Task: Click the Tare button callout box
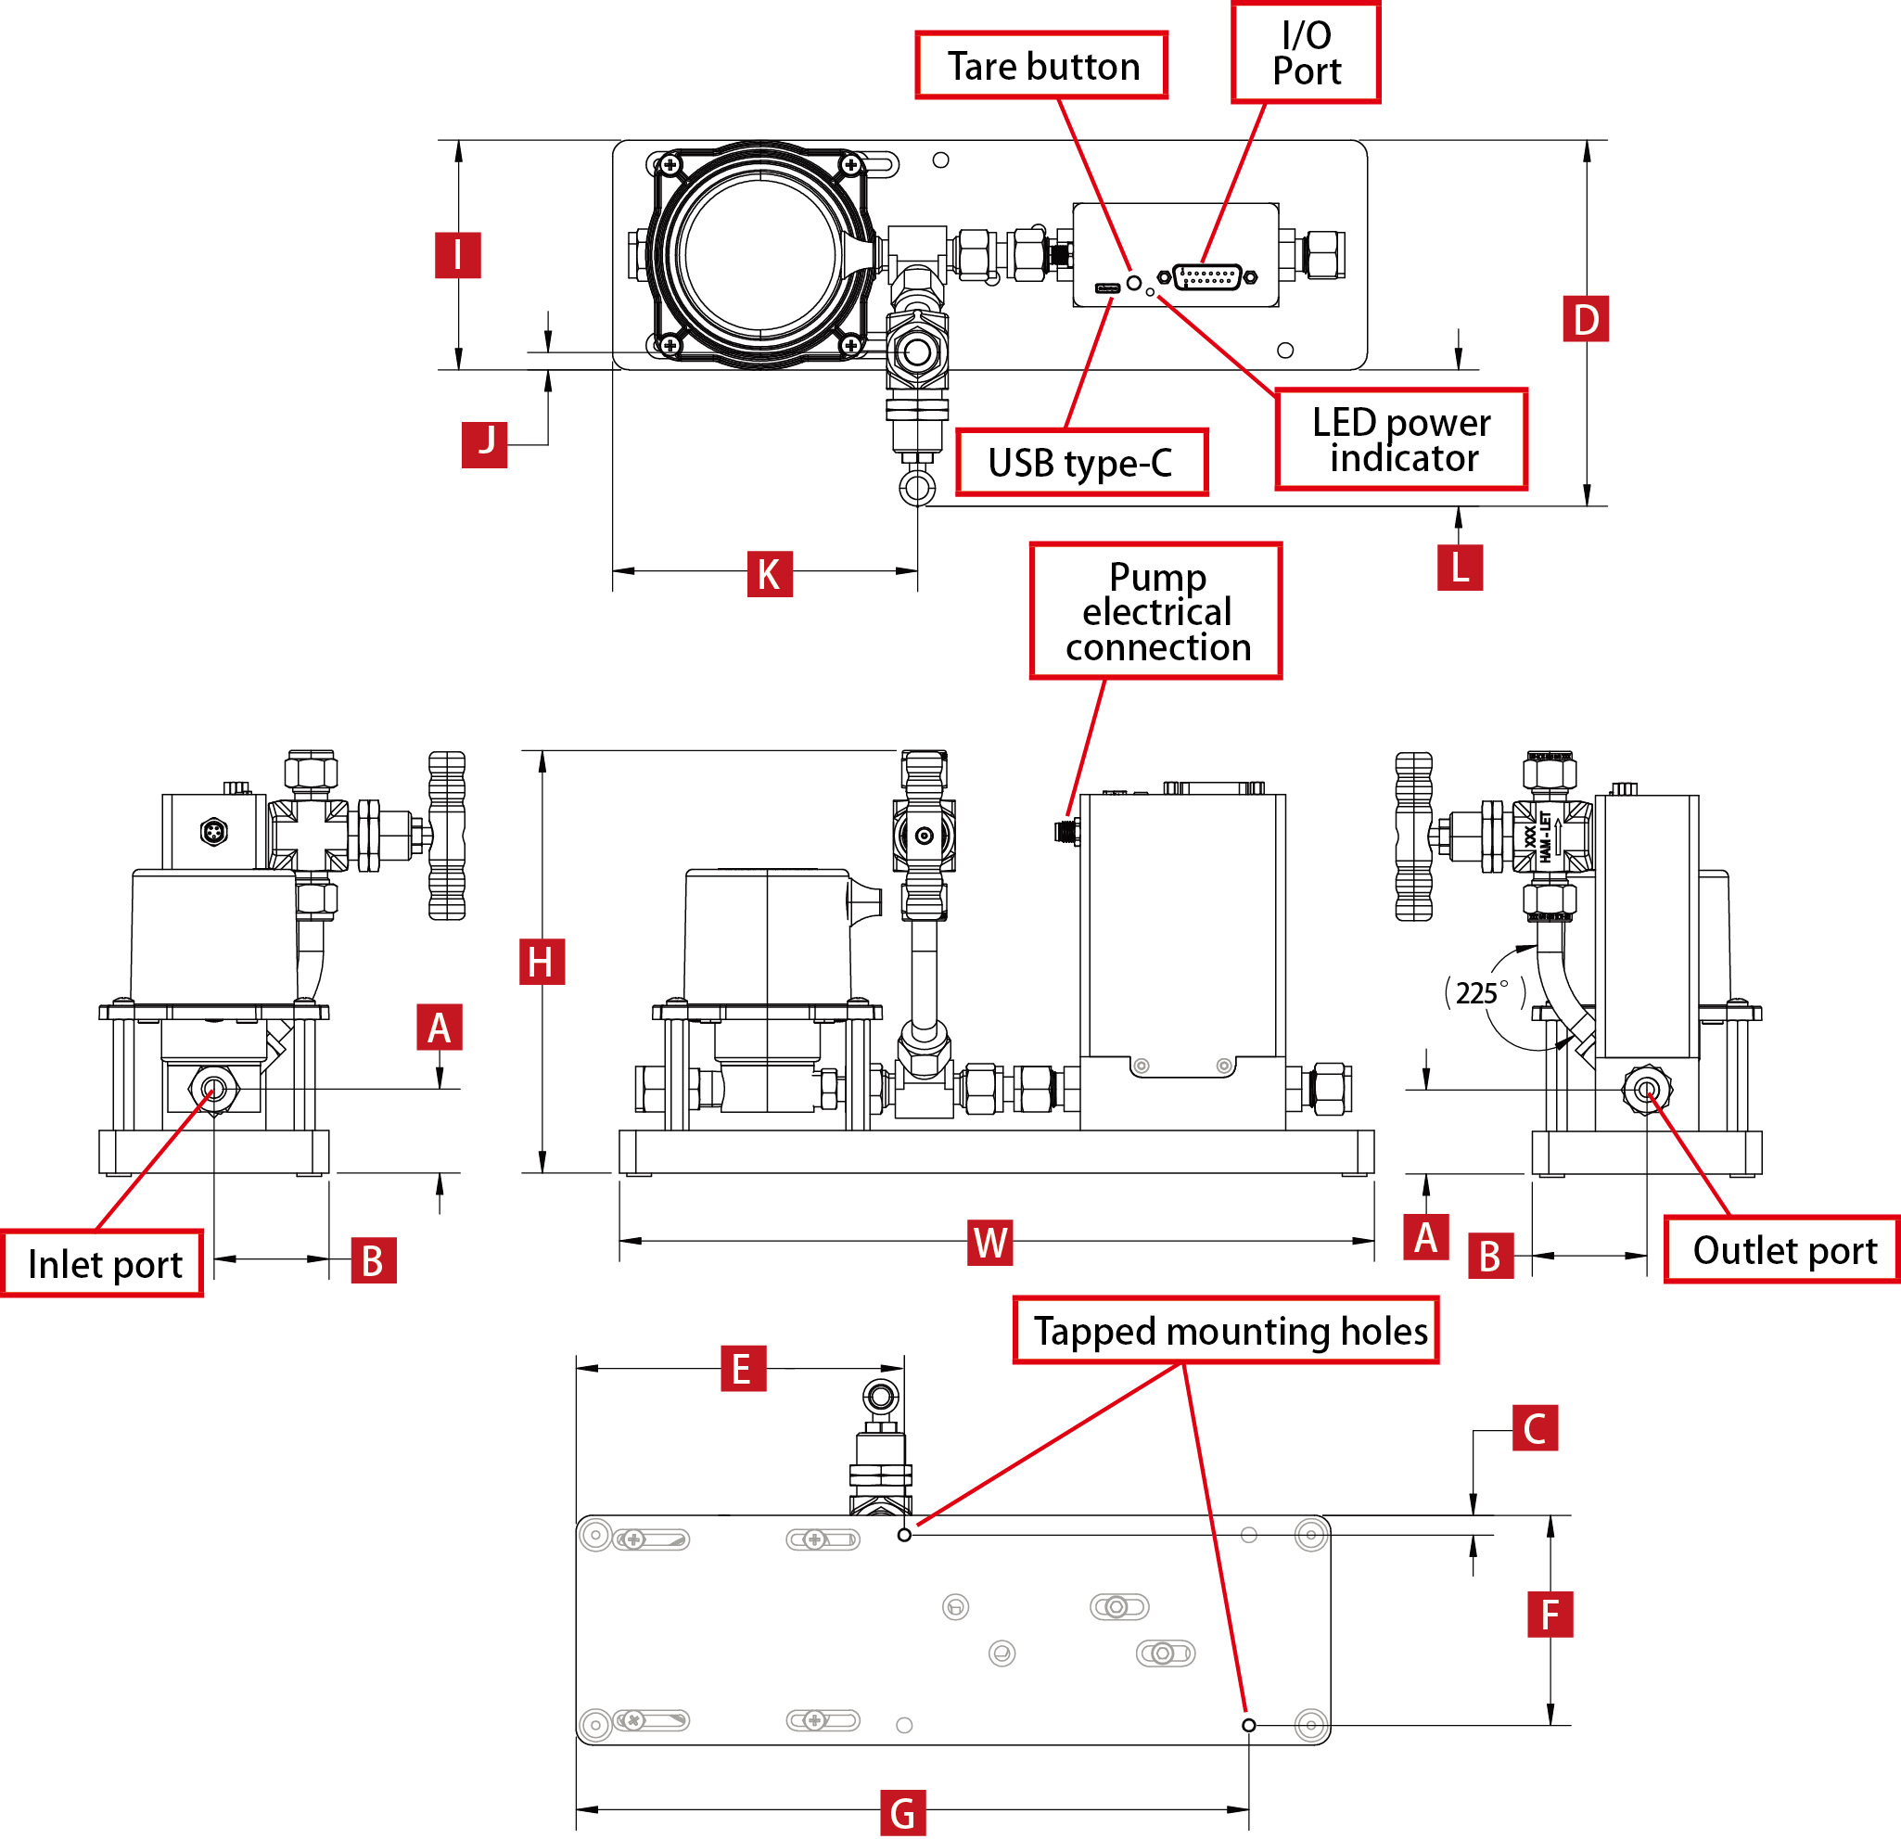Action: point(1040,66)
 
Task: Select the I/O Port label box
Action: point(1306,54)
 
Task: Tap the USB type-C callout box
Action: point(1080,463)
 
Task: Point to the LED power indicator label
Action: point(1400,440)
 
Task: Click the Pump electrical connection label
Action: point(1155,611)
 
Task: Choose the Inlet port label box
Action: point(103,1264)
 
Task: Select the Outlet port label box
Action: point(1782,1250)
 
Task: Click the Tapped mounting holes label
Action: point(1226,1331)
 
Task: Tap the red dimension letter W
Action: point(990,1243)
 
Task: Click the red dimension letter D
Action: point(1585,319)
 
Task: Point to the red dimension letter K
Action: point(769,573)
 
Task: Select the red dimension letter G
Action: point(902,1813)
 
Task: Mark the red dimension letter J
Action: point(485,443)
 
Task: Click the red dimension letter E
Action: point(743,1369)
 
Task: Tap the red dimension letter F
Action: point(1549,1615)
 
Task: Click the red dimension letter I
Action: point(458,255)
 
